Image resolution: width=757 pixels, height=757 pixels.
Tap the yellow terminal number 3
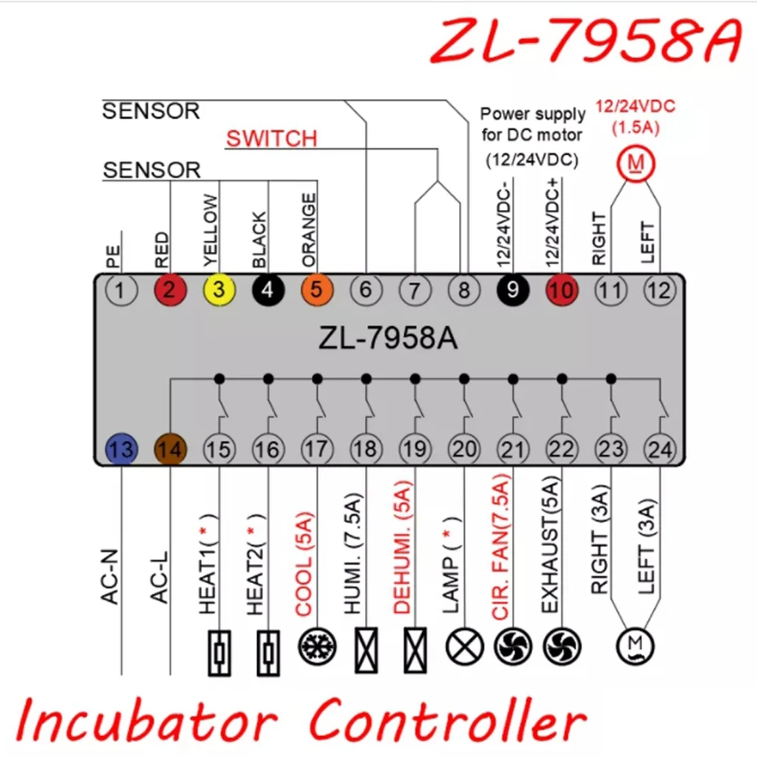219,290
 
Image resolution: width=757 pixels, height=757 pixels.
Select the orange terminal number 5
317,290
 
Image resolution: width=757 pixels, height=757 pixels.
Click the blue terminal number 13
121,449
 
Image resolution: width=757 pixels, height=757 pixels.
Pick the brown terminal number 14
170,449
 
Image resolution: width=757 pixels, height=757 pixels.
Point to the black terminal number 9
513,290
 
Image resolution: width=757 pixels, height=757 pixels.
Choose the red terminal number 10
562,290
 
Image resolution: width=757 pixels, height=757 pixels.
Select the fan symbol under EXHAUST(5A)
562,647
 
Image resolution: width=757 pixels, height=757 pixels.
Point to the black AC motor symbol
635,647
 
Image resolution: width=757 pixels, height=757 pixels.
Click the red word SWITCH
271,138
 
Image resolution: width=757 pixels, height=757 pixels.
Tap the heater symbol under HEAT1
219,648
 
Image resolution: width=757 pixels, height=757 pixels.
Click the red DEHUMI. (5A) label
403,550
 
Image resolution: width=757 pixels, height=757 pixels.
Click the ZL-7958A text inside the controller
388,338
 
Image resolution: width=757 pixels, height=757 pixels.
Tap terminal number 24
659,449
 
